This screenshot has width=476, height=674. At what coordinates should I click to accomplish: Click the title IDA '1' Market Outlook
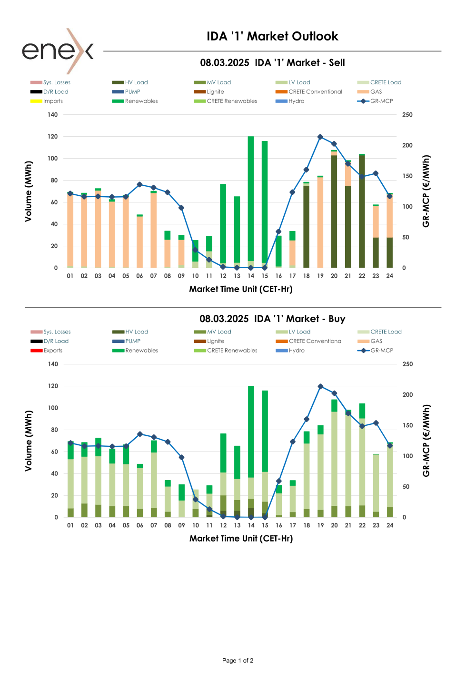coord(272,36)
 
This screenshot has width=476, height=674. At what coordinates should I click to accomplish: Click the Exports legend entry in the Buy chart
coord(52,351)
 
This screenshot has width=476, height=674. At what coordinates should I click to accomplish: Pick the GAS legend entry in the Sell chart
coord(376,92)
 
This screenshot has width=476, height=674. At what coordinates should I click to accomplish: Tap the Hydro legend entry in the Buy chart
coord(296,351)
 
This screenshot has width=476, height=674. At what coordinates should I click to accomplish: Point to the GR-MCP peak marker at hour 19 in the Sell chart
coord(320,137)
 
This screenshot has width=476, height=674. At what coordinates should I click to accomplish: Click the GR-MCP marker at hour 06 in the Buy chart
coord(140,434)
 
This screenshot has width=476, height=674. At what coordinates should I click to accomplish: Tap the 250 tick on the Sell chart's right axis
coord(407,115)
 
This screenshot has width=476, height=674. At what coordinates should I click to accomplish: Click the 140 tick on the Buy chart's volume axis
coord(53,364)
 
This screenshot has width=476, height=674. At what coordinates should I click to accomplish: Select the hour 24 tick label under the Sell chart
coord(390,276)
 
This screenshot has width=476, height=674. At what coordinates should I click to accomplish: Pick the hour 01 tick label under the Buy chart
coord(70,525)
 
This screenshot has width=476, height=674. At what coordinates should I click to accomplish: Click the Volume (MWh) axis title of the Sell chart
coord(29,191)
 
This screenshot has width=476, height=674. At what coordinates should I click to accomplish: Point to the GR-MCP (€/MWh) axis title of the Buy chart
coord(426,441)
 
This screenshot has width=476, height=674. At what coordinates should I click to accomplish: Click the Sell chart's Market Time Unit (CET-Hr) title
coord(241,289)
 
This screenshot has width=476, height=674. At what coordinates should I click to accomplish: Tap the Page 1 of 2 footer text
coord(238,661)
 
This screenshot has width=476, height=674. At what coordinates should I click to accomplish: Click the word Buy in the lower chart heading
coord(337,319)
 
